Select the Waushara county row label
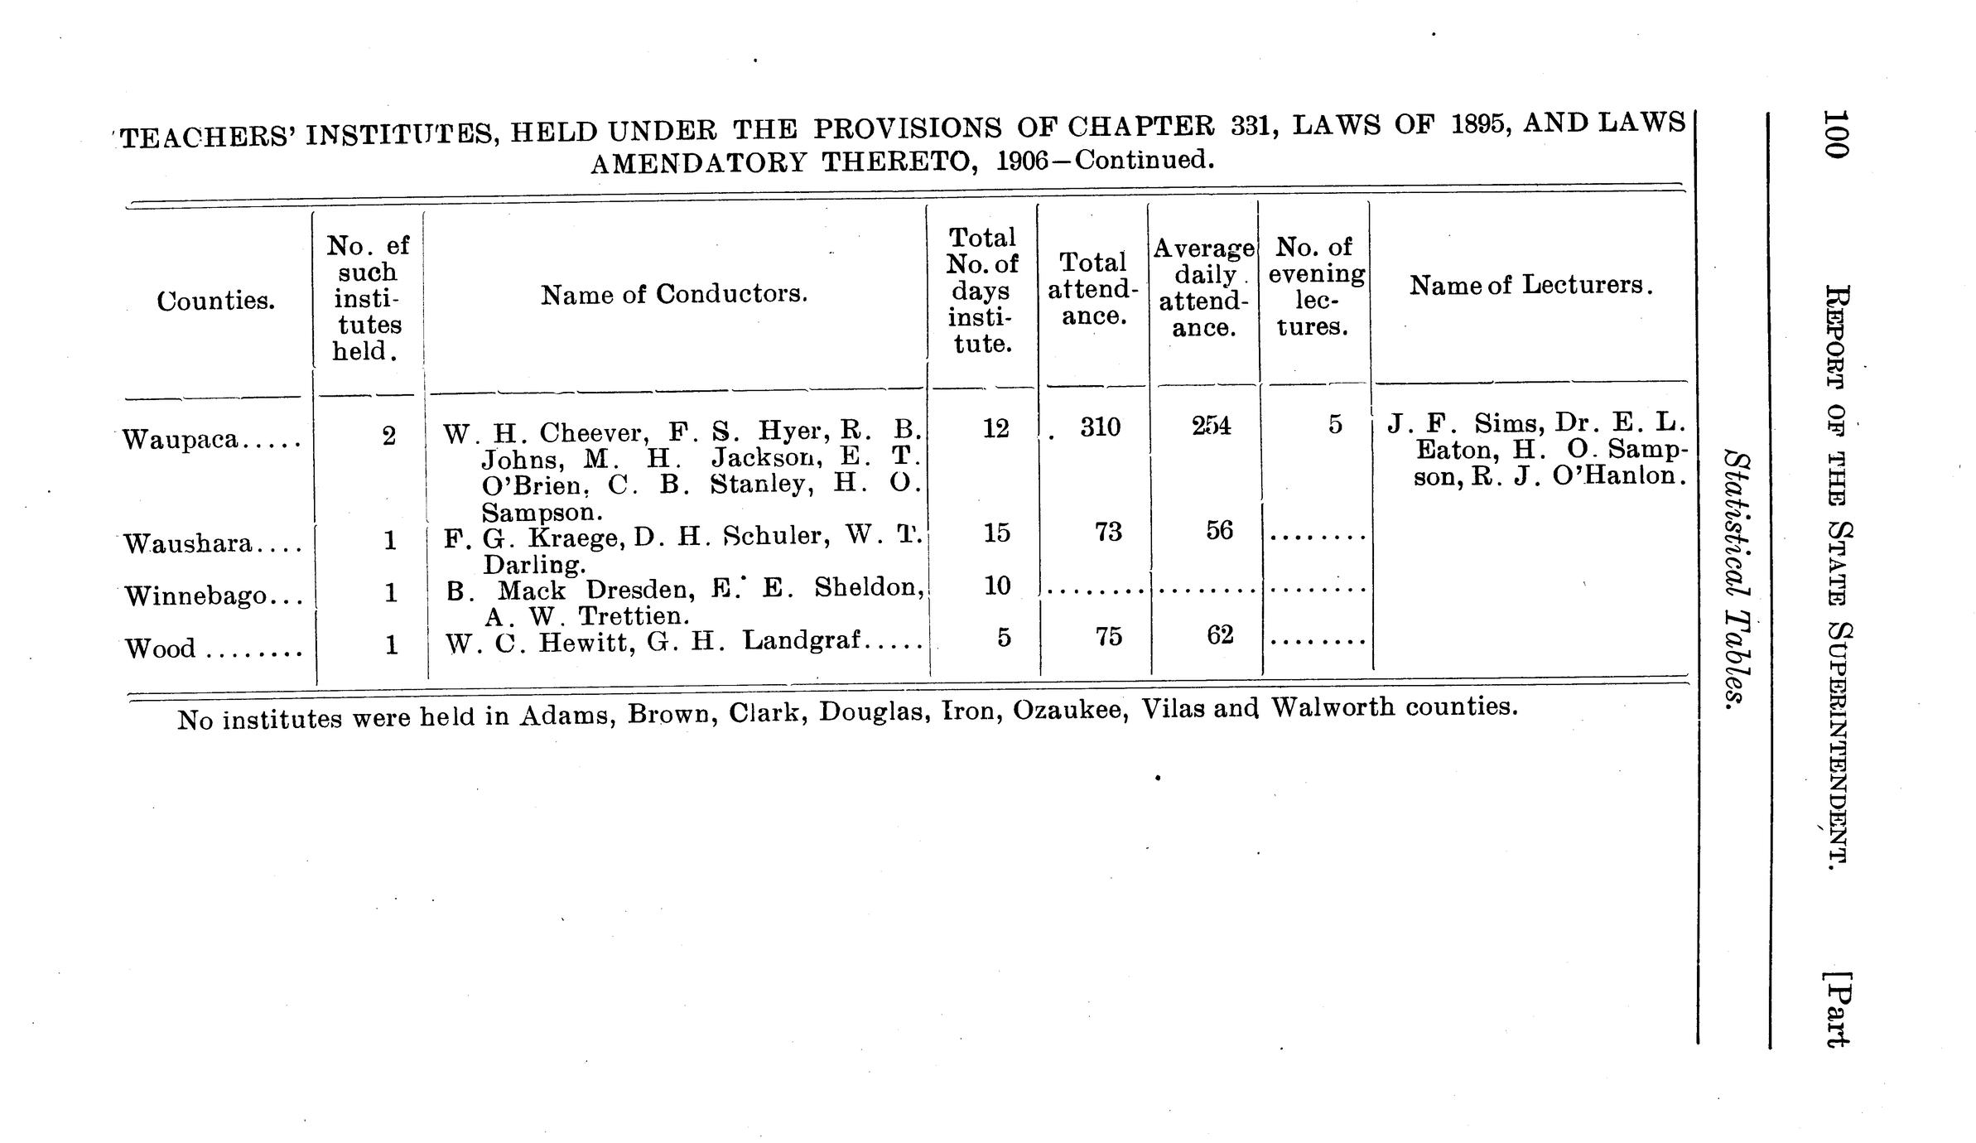click(x=187, y=544)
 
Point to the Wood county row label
click(x=161, y=648)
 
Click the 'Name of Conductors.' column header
click(x=674, y=294)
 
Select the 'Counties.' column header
click(x=215, y=301)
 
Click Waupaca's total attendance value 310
click(x=1100, y=427)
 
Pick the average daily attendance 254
click(x=1211, y=426)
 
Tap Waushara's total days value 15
click(x=996, y=532)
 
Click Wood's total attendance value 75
click(x=1108, y=635)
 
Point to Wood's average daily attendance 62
click(x=1219, y=635)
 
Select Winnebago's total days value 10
click(x=997, y=586)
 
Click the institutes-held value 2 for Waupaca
click(x=389, y=436)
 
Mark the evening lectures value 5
click(x=1334, y=424)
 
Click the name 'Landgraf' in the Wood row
click(x=802, y=640)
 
